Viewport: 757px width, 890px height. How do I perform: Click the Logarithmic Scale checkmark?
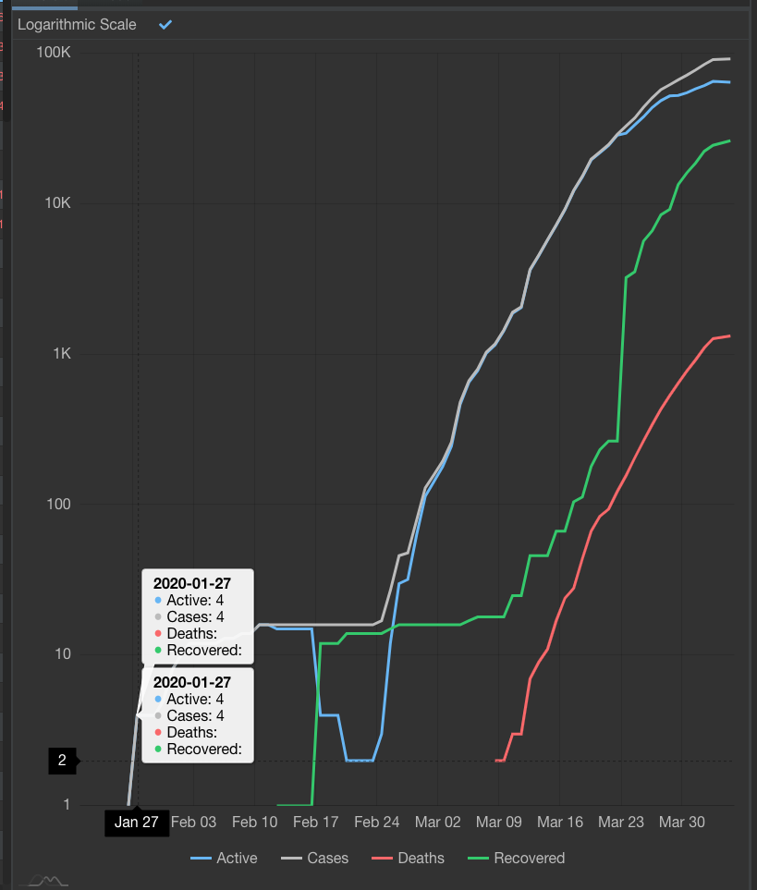click(x=165, y=24)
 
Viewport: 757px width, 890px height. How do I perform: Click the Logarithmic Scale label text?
click(x=77, y=25)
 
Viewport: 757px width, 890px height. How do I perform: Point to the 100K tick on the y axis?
click(x=53, y=53)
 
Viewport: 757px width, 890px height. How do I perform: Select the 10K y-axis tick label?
click(x=56, y=203)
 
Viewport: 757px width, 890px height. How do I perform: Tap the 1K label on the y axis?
click(x=60, y=354)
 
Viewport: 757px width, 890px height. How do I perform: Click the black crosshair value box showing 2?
click(x=63, y=761)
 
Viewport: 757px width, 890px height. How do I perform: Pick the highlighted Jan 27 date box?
click(x=137, y=823)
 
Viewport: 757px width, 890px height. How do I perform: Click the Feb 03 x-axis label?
click(x=193, y=823)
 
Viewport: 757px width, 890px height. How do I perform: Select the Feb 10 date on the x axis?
click(x=255, y=823)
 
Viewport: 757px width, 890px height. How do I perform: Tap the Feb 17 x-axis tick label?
click(x=316, y=823)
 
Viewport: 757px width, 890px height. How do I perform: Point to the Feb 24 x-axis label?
click(x=377, y=823)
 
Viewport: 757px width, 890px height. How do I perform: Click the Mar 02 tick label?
click(x=438, y=823)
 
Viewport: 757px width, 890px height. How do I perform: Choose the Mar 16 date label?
click(x=560, y=823)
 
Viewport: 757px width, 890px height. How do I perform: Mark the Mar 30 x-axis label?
click(x=682, y=823)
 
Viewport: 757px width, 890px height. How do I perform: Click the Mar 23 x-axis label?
click(x=621, y=823)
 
